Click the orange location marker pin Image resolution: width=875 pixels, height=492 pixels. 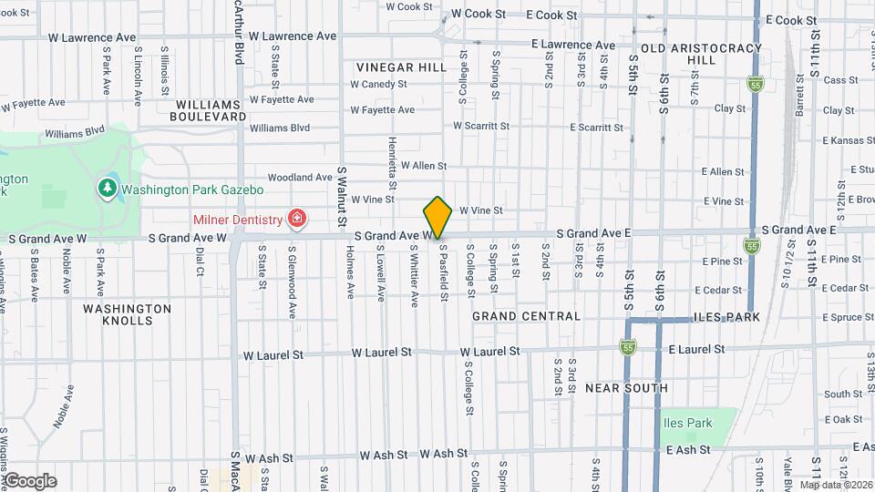point(437,217)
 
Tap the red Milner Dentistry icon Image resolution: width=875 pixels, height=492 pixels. point(296,218)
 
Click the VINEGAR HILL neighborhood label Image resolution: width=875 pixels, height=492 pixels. point(401,67)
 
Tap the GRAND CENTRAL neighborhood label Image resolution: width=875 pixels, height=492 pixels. point(526,316)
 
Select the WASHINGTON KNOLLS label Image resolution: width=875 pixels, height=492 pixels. point(127,314)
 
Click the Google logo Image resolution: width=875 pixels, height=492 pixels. point(30,481)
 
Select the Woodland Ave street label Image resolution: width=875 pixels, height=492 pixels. point(300,178)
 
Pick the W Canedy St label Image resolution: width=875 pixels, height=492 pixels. point(379,84)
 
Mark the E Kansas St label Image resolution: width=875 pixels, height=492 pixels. point(846,141)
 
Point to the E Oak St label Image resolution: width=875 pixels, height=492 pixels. point(845,419)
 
